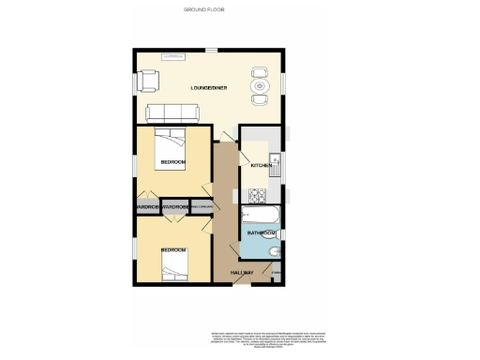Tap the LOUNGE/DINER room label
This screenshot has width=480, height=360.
click(209, 88)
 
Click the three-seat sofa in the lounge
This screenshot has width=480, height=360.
click(172, 113)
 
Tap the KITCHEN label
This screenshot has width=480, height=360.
click(261, 166)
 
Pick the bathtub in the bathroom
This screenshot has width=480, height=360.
click(260, 215)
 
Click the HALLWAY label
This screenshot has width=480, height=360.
click(244, 272)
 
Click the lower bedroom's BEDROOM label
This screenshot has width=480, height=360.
click(172, 249)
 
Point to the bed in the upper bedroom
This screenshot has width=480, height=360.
click(171, 144)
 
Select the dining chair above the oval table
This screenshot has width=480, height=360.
click(260, 71)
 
